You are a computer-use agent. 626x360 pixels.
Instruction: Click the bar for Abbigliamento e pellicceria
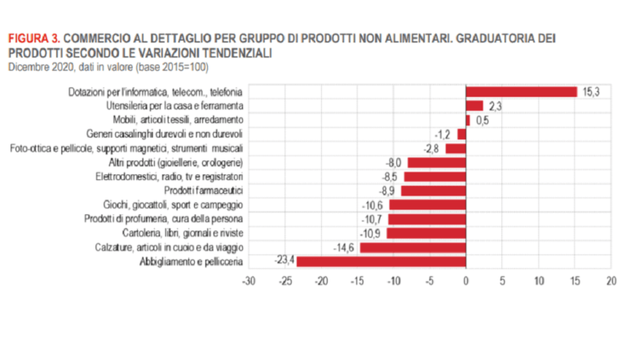pos(381,261)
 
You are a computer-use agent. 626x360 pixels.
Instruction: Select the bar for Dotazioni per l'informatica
pos(521,92)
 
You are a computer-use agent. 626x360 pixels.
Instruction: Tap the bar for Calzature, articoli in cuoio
pos(412,247)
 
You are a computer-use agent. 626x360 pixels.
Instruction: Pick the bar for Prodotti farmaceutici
pos(433,191)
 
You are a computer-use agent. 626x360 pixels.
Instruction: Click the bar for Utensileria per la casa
pos(474,106)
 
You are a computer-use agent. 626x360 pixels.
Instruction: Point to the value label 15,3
pos(591,92)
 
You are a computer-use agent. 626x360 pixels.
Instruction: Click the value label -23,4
pos(282,261)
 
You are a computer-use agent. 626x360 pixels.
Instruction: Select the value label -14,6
pos(346,247)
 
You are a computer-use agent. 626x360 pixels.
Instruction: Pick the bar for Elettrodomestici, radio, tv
pos(434,176)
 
